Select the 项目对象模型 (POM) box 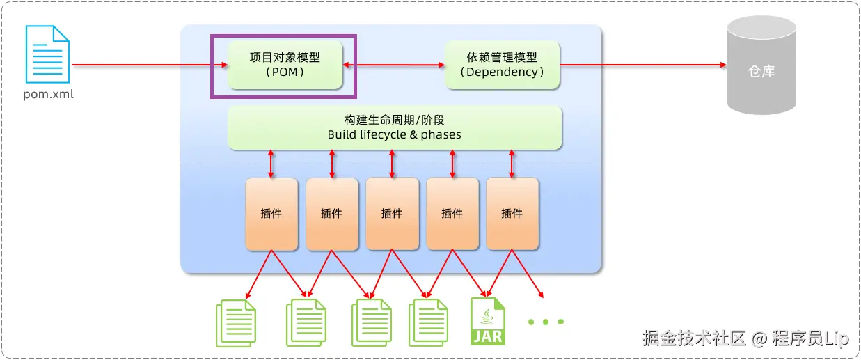coord(285,65)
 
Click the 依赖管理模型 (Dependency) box coord(502,65)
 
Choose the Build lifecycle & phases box coord(394,127)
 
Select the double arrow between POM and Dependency coord(394,65)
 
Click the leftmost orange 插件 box coord(271,214)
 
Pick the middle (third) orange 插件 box coord(392,214)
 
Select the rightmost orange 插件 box coord(512,214)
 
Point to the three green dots coord(546,322)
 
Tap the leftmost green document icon coord(236,322)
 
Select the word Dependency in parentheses coord(502,72)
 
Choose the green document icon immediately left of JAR coord(428,322)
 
